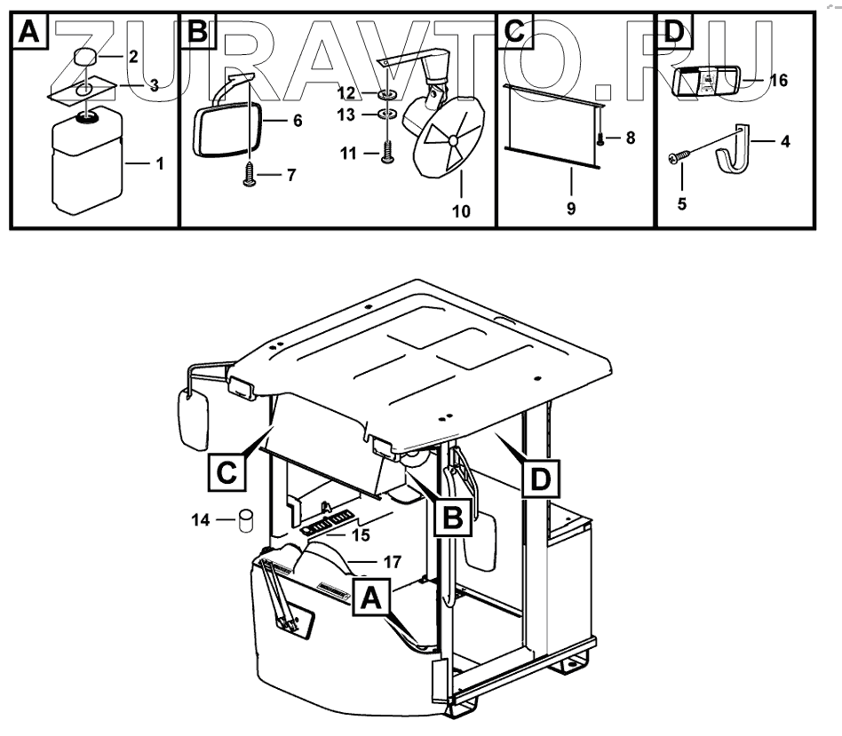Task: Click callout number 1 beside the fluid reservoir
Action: click(159, 163)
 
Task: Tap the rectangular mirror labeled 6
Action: click(226, 130)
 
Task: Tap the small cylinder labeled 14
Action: click(243, 520)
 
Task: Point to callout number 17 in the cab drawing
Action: click(392, 561)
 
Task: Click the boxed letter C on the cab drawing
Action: click(227, 471)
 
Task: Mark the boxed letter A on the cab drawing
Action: click(371, 598)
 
